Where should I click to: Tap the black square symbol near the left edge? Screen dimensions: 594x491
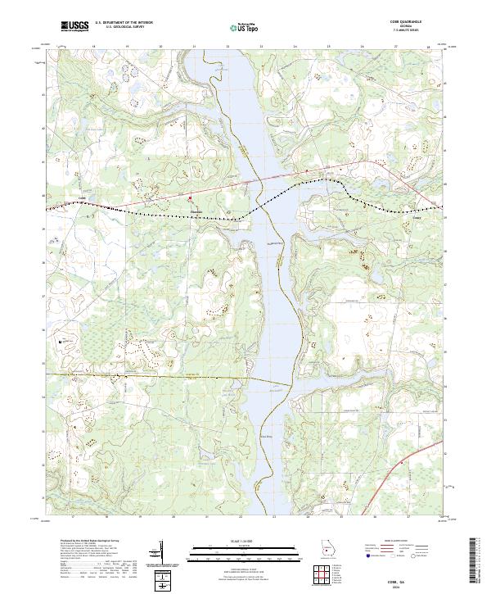[61, 338]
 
